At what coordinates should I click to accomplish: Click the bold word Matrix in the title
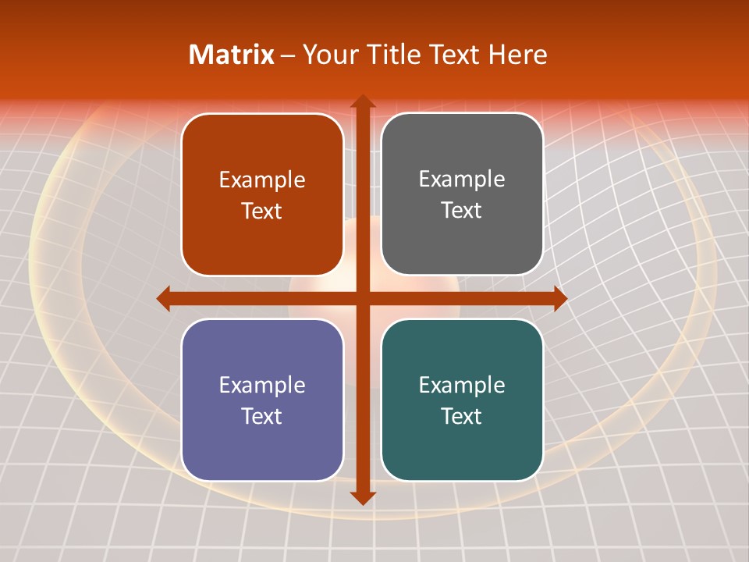coord(232,55)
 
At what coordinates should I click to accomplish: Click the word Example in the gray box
coord(462,180)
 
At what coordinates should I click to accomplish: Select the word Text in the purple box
coord(262,416)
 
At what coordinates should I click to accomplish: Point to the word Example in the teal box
coord(462,385)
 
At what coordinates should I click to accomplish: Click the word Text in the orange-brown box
coord(262,211)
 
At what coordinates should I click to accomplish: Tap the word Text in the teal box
coord(462,416)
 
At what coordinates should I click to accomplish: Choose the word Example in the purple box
coord(262,385)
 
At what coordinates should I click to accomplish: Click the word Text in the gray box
coord(462,211)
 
